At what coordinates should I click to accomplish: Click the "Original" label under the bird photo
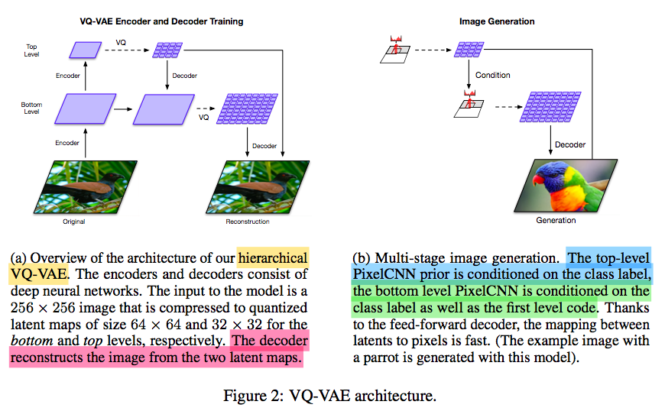tap(74, 222)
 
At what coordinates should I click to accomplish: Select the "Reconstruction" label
tap(248, 222)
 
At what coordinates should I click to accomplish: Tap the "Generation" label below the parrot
tap(555, 220)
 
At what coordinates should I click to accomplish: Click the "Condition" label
tap(493, 75)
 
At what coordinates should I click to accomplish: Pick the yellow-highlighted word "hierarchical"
tap(273, 257)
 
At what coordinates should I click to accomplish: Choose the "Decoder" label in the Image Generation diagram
tap(570, 144)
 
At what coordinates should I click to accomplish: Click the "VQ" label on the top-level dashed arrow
tap(122, 40)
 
